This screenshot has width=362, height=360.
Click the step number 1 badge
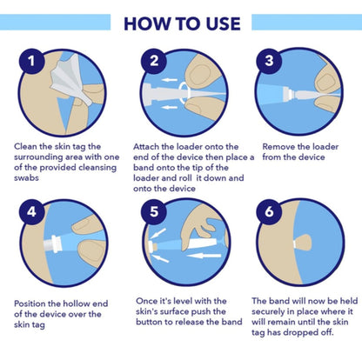(31, 61)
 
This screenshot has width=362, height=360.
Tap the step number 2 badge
(154, 61)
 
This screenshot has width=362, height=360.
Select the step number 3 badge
(269, 61)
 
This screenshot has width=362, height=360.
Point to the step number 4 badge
(31, 212)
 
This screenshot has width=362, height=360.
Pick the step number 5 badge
(154, 212)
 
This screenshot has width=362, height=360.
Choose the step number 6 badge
(269, 212)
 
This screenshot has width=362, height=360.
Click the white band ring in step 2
(184, 93)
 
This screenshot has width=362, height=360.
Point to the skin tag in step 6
(302, 244)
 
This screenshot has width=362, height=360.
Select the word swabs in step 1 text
(26, 177)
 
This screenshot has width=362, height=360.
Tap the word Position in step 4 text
(30, 303)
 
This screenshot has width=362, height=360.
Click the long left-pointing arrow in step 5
(204, 256)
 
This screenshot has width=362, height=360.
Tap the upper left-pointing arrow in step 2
(169, 79)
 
